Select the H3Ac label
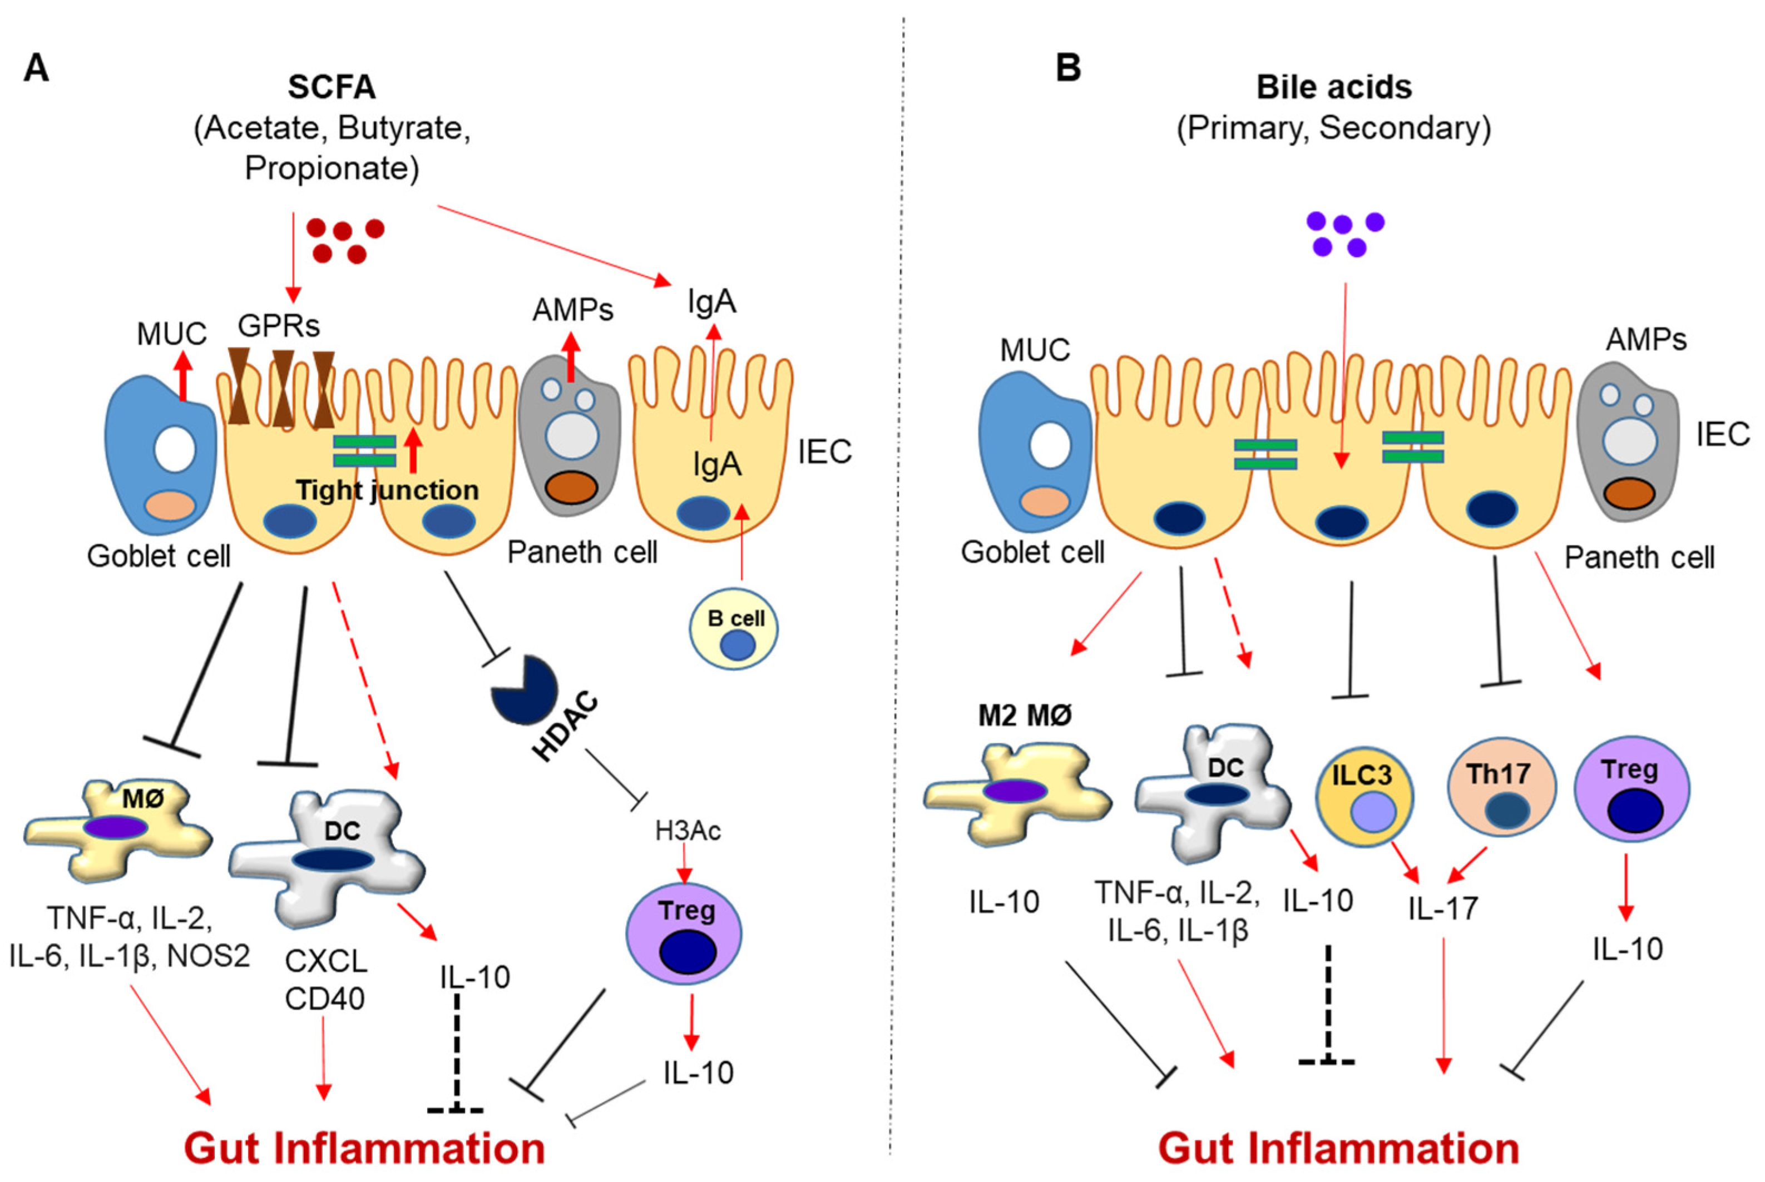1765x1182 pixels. coord(687,831)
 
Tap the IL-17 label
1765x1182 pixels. coord(1442,909)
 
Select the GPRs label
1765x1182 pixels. coord(278,326)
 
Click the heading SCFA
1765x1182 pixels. coord(331,87)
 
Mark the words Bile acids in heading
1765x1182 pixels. coord(1333,87)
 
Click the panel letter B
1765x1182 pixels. coord(1068,68)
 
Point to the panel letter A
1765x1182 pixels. coord(36,68)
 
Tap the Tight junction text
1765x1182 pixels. coord(387,490)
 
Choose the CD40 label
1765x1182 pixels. coord(324,999)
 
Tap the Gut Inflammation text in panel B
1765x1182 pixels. coord(1338,1148)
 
